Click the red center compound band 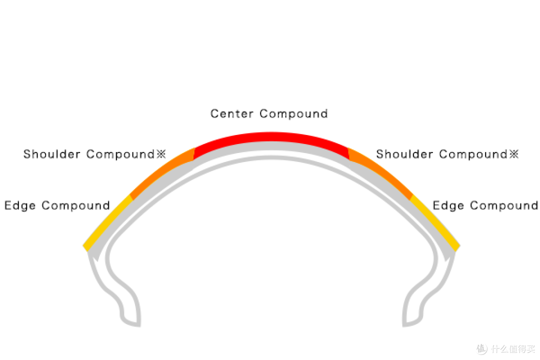(x=271, y=137)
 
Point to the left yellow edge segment (x=107, y=221)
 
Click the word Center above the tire (x=232, y=113)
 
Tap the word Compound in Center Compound (x=293, y=114)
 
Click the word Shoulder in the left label (x=51, y=154)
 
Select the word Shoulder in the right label (x=404, y=154)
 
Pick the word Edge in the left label (x=20, y=205)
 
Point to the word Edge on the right (x=448, y=205)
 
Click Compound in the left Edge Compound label (x=76, y=206)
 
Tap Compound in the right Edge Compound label (x=504, y=206)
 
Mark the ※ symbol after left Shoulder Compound (x=161, y=154)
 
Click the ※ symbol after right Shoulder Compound (x=514, y=154)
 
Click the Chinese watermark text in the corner (x=513, y=349)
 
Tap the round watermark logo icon (x=482, y=349)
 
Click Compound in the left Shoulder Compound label (x=120, y=154)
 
